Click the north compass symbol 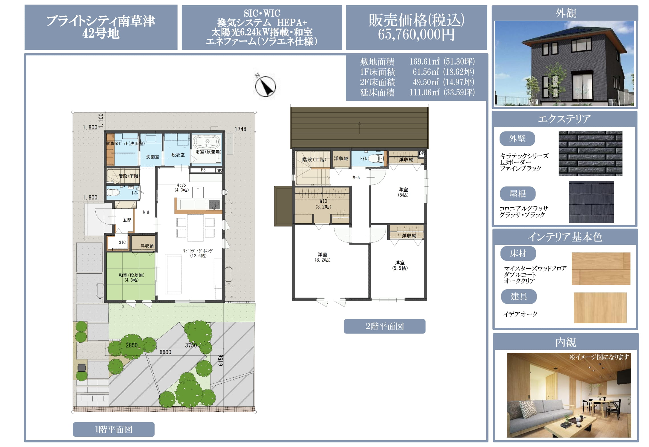coord(265,86)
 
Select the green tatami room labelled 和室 coord(131,276)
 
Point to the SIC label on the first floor coord(122,242)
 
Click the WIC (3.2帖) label coord(323,204)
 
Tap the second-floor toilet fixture coord(376,159)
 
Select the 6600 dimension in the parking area coord(165,352)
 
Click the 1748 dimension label coord(240,129)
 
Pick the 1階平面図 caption coord(113,429)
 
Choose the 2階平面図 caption coord(384,326)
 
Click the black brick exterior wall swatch coord(590,153)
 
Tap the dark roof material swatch coord(591,202)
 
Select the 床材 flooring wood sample coord(601,268)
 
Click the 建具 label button coord(519,297)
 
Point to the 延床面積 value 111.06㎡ coord(424,92)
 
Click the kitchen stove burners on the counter coord(214,205)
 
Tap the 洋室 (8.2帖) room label coord(323,257)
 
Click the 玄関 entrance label coord(127,220)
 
